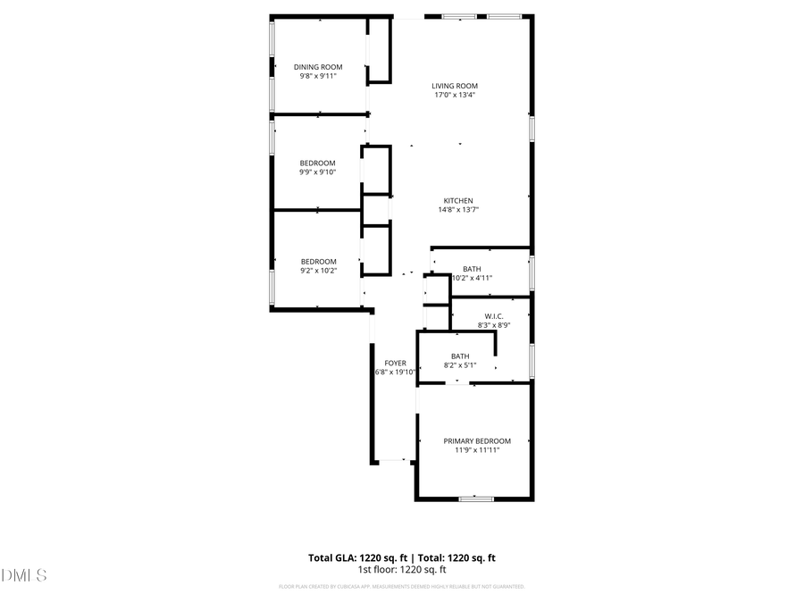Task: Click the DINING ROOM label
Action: pyautogui.click(x=318, y=67)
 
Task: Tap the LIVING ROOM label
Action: pyautogui.click(x=455, y=86)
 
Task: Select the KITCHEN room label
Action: pyautogui.click(x=458, y=201)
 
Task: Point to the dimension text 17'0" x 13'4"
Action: pyautogui.click(x=455, y=95)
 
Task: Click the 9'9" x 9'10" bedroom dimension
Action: pyautogui.click(x=317, y=172)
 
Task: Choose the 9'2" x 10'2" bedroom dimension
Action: pyautogui.click(x=318, y=271)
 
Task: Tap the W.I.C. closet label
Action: pyautogui.click(x=494, y=316)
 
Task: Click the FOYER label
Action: pyautogui.click(x=395, y=364)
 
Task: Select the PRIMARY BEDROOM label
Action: pyautogui.click(x=477, y=441)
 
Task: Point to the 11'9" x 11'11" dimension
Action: pyautogui.click(x=477, y=450)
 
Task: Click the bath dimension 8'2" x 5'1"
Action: pyautogui.click(x=460, y=365)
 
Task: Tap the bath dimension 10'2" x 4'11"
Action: pyautogui.click(x=472, y=278)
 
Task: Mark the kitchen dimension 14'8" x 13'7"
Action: pyautogui.click(x=458, y=210)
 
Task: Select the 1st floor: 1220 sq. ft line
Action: pyautogui.click(x=402, y=569)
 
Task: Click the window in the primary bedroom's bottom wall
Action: pyautogui.click(x=476, y=498)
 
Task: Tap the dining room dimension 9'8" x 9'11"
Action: pyautogui.click(x=318, y=76)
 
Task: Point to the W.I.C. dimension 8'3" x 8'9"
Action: pyautogui.click(x=494, y=325)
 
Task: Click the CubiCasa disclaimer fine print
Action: pyautogui.click(x=402, y=587)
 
